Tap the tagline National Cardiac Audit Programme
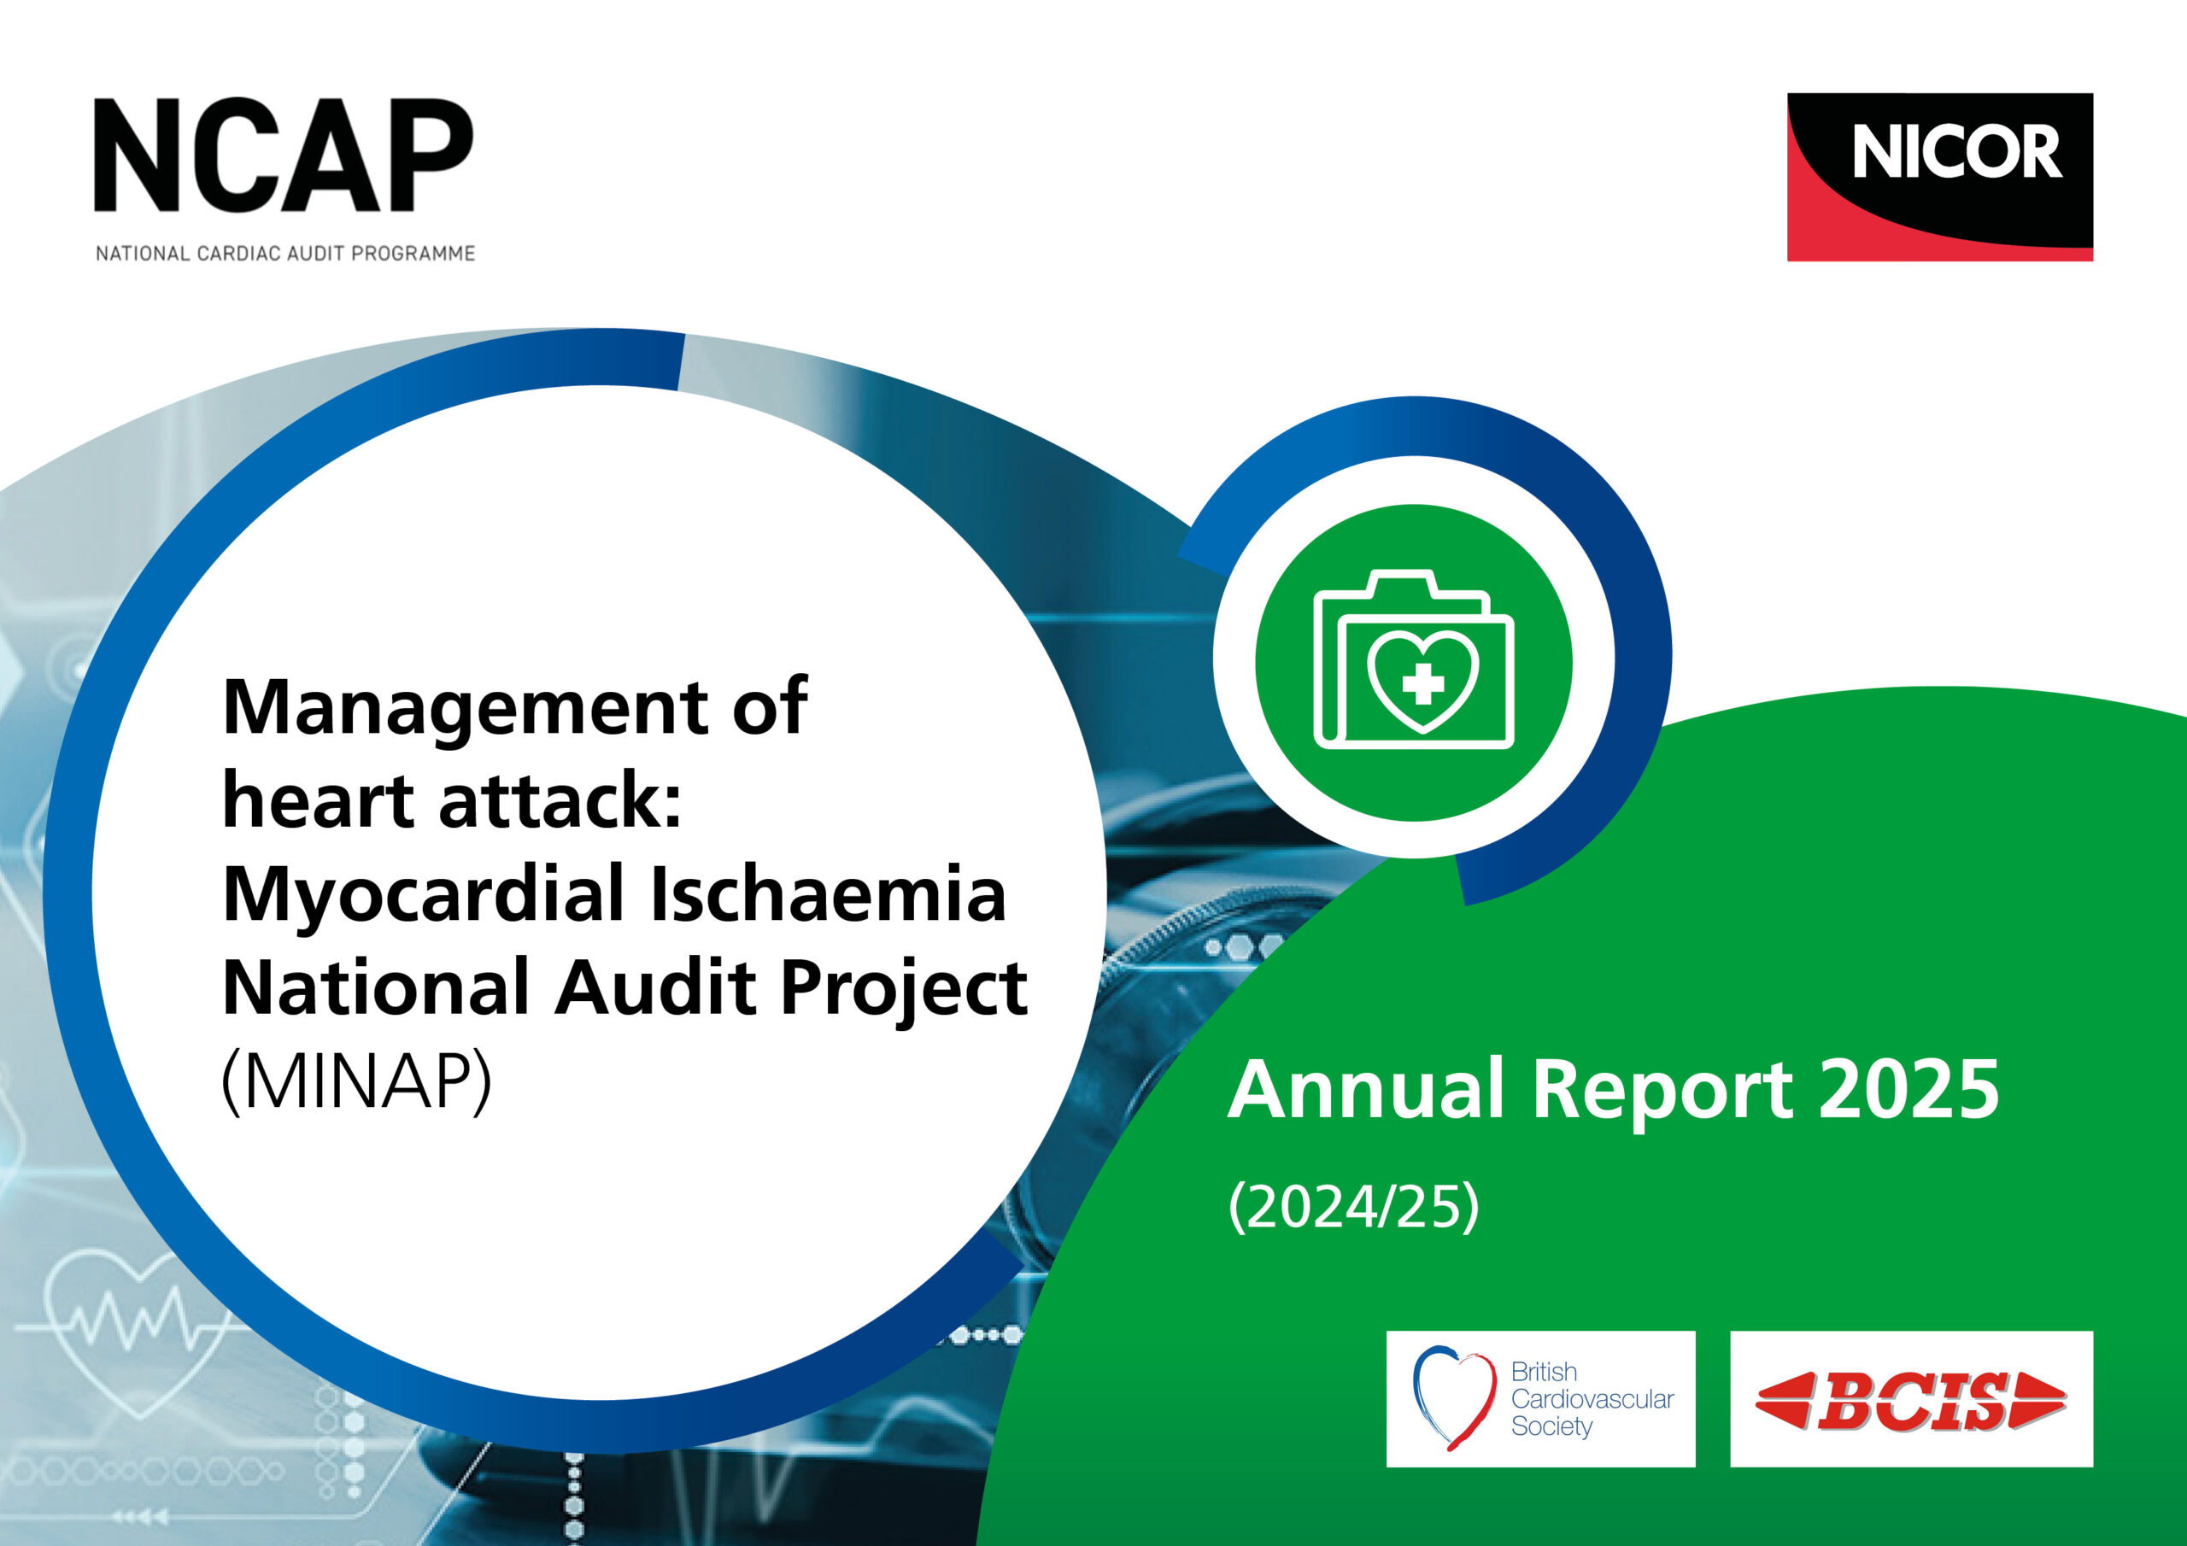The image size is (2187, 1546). [284, 254]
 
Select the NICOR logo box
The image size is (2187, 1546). [1939, 177]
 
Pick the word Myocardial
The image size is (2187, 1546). [422, 895]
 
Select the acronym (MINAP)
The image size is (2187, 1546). [356, 1082]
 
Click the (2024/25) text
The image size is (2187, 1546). [1353, 1207]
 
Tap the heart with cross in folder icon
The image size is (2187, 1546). [1423, 680]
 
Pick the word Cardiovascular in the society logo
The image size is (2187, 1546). [1592, 1399]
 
